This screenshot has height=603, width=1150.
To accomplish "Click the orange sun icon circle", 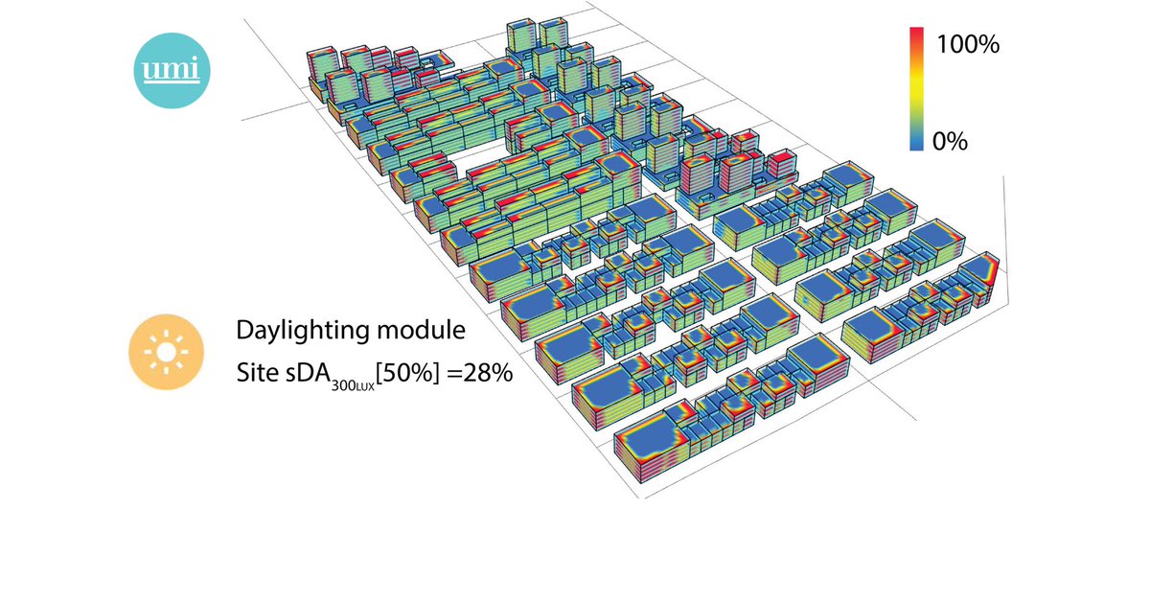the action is tap(166, 354).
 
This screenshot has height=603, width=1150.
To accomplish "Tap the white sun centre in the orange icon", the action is tap(166, 354).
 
